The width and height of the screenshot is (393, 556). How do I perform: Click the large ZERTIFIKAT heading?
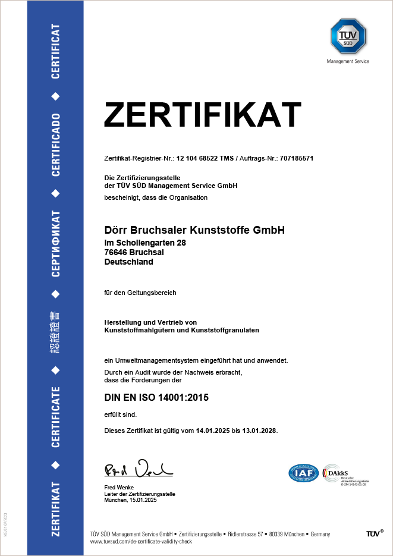click(203, 115)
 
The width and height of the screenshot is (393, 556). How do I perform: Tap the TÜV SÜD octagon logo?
click(348, 36)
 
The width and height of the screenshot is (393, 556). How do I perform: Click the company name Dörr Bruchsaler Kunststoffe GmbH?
click(194, 230)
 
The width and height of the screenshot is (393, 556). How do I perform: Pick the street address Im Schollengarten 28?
click(145, 243)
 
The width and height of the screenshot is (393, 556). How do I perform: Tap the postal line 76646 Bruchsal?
click(134, 252)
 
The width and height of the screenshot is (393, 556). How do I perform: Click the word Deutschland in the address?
click(128, 262)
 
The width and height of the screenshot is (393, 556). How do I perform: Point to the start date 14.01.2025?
click(213, 430)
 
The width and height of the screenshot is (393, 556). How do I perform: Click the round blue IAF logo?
click(304, 473)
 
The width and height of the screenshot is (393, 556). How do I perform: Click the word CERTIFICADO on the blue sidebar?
click(55, 145)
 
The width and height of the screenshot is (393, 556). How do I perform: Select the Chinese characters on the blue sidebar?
click(55, 332)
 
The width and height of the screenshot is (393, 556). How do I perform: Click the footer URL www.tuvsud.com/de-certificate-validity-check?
click(140, 542)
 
